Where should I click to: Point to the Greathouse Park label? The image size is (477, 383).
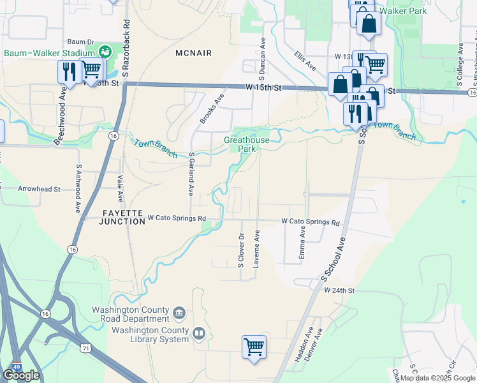click(247, 144)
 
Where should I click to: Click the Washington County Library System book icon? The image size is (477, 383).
click(199, 333)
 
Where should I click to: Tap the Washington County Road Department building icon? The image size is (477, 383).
click(180, 313)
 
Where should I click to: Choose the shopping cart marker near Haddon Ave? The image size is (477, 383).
click(254, 347)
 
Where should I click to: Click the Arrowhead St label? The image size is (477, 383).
click(39, 189)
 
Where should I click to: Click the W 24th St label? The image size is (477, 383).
click(338, 290)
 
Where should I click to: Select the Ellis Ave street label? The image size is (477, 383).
click(305, 61)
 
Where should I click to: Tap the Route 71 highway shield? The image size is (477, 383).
click(85, 347)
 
